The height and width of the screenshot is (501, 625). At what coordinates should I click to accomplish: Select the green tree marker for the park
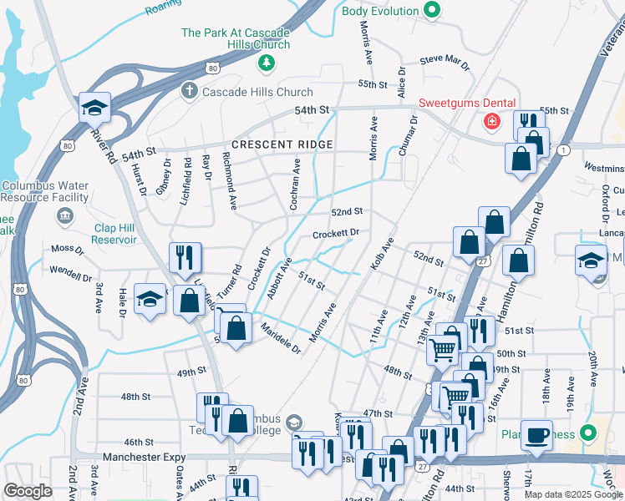tap(266, 62)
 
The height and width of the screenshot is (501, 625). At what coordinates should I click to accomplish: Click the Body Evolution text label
tap(379, 11)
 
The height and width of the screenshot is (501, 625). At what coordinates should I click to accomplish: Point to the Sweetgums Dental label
tap(466, 103)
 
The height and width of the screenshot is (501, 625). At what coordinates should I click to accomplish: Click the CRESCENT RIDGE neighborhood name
tap(282, 144)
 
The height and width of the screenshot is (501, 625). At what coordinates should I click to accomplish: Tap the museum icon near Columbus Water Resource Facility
tap(64, 216)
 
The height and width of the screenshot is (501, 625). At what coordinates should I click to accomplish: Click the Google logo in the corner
tap(28, 490)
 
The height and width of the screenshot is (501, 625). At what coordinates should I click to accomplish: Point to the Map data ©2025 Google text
tap(573, 494)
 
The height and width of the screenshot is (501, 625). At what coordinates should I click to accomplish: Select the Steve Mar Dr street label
tap(445, 60)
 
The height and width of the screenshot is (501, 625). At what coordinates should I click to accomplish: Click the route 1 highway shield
tap(565, 149)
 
